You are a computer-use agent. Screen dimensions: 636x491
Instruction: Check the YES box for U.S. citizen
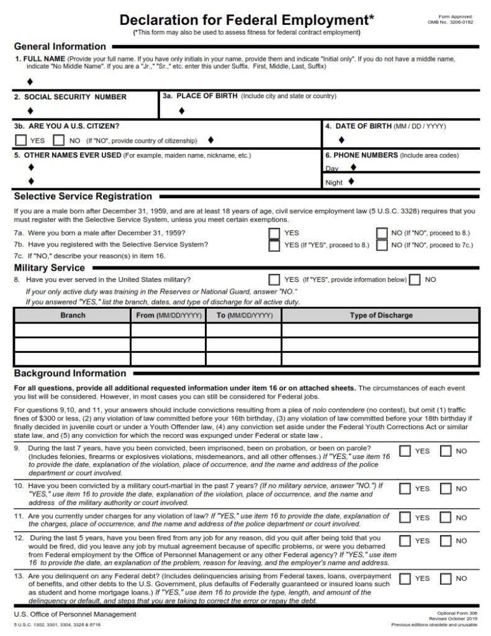click(20, 140)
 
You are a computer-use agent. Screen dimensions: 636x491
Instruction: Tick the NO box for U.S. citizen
click(60, 140)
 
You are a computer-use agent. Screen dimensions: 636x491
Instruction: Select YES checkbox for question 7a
click(274, 233)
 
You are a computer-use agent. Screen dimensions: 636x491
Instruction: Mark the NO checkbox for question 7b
click(381, 245)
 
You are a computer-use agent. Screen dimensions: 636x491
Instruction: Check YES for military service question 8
click(274, 279)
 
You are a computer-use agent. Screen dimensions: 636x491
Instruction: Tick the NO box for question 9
click(446, 451)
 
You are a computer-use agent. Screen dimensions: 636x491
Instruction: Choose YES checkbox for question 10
click(405, 489)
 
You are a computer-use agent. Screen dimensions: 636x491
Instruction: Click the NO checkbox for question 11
click(446, 517)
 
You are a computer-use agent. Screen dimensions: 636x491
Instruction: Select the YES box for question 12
click(405, 541)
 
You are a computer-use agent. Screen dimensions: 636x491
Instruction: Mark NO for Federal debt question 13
click(446, 578)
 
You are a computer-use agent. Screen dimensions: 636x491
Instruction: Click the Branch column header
click(73, 316)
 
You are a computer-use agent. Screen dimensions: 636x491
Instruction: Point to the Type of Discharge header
click(381, 316)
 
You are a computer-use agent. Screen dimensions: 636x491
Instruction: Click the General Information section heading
click(60, 47)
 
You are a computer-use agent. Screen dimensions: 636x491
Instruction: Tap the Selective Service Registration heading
click(83, 197)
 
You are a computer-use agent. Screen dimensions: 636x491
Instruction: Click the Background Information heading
click(70, 374)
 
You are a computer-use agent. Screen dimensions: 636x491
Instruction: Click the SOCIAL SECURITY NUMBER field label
click(70, 97)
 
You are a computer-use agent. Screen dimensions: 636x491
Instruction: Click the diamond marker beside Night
click(351, 182)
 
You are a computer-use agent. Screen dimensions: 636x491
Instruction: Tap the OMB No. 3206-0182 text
click(450, 22)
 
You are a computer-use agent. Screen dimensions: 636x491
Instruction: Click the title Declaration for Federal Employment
click(247, 19)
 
